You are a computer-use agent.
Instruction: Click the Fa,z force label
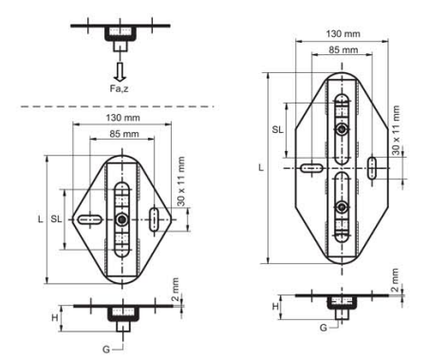119,88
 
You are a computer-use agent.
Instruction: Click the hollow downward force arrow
120,72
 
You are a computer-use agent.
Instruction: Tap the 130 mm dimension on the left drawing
122,118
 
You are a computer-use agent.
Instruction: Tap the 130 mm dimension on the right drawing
343,34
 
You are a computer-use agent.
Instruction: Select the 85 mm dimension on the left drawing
124,134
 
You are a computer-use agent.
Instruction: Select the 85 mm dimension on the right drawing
343,50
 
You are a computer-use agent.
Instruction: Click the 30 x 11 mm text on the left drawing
181,181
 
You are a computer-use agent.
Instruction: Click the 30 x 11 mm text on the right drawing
396,130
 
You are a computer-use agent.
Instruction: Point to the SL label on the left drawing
56,218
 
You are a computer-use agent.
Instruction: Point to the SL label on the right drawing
278,129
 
